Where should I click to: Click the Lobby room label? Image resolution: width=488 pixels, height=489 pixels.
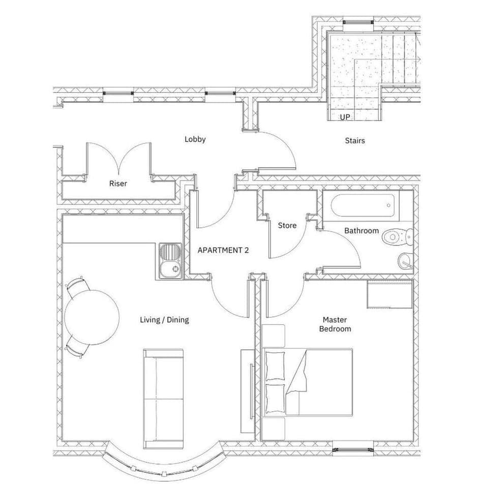pos(195,139)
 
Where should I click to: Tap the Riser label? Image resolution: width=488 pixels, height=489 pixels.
pos(118,184)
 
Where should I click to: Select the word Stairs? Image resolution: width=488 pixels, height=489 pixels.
pos(354,141)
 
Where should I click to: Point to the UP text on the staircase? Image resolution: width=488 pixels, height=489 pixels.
pos(345,117)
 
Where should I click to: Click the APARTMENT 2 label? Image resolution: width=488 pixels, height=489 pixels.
pos(223,250)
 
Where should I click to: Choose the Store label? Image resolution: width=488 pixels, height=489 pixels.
pos(287,226)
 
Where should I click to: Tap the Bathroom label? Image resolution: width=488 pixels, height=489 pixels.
pos(361,231)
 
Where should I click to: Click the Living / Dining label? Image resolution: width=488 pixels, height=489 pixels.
pos(164,320)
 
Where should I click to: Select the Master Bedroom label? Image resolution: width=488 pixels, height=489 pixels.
pos(335,324)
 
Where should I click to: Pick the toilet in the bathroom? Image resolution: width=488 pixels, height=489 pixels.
pos(398,237)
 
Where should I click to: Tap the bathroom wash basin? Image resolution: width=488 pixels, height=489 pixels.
pos(405,261)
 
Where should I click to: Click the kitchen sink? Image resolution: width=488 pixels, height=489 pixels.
pos(170,261)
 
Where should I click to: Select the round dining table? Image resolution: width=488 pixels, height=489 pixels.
pos(91,317)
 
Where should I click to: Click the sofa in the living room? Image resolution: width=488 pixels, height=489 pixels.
pos(163,399)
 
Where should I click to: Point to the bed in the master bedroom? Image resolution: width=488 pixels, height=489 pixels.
pos(308,382)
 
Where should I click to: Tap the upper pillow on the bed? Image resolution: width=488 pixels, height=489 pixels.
pos(274,366)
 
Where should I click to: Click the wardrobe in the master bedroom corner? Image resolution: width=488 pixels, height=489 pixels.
pos(390,295)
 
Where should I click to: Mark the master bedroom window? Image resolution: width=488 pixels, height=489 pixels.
pos(353,450)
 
